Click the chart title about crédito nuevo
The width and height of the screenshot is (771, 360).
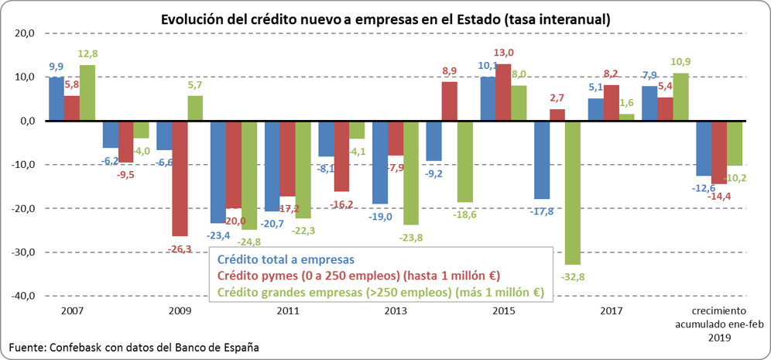click(x=385, y=19)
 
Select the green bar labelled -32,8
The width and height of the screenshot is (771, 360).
click(x=574, y=194)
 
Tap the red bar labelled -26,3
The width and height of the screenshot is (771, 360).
click(x=180, y=178)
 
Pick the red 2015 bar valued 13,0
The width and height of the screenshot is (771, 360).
click(x=504, y=92)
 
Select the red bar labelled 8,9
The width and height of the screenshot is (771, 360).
click(x=450, y=101)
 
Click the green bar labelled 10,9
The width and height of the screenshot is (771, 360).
click(x=680, y=97)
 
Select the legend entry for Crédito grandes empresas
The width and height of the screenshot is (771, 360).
click(x=381, y=292)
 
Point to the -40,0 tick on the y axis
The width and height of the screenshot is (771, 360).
click(x=22, y=296)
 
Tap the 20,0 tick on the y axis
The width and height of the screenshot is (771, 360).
click(x=24, y=33)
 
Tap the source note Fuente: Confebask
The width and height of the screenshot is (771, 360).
click(x=134, y=347)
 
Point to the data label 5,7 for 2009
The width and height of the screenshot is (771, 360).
click(x=194, y=85)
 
